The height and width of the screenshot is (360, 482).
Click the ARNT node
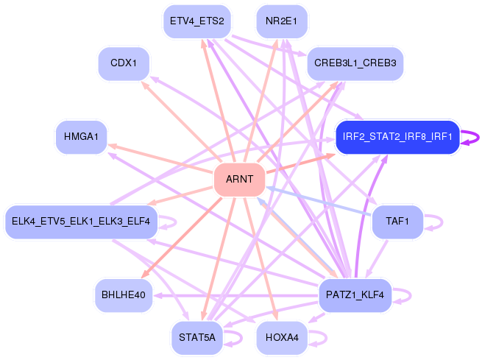click(x=239, y=180)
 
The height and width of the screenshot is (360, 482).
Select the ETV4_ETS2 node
click(x=196, y=21)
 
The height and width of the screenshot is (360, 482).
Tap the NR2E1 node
click(x=281, y=21)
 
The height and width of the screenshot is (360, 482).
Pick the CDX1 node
click(x=124, y=63)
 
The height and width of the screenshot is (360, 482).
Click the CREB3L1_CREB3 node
click(x=355, y=63)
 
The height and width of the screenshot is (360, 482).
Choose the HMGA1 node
click(x=81, y=137)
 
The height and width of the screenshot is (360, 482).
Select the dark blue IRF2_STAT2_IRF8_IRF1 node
click(x=397, y=137)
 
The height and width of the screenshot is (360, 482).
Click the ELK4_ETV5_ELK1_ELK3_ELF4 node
click(x=81, y=222)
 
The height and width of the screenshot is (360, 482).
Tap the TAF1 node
click(x=397, y=222)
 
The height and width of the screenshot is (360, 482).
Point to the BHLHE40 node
click(x=123, y=295)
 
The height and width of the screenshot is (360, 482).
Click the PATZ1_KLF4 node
click(x=355, y=295)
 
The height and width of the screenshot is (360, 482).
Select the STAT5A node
click(x=196, y=338)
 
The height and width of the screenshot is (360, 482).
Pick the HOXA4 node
click(x=281, y=338)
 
